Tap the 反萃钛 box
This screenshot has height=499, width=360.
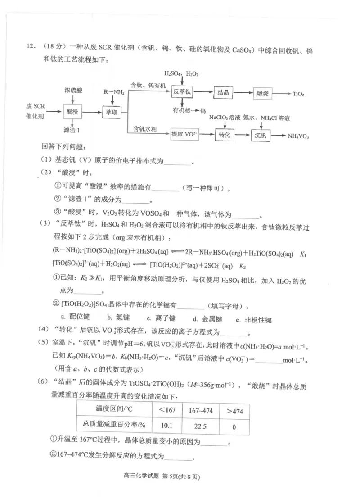[x=182, y=92]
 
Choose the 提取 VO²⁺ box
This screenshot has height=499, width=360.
[x=184, y=134]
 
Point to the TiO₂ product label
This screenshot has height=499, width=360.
[x=298, y=94]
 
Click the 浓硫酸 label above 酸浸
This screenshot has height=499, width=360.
[x=73, y=91]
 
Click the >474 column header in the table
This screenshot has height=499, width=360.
[x=234, y=410]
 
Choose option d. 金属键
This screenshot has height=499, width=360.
[x=207, y=319]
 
